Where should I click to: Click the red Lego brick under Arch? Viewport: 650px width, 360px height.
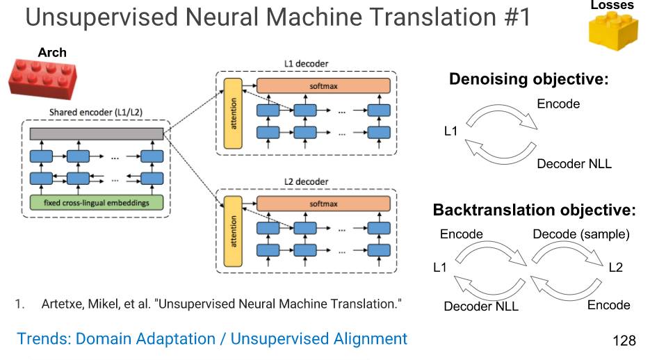(x=42, y=79)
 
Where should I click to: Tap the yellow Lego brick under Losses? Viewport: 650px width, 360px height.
(x=613, y=31)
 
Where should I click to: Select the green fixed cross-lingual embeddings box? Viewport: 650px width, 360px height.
(x=97, y=202)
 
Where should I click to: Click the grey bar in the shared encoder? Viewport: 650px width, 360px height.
(x=97, y=134)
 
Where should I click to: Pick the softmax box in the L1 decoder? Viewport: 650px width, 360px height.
(x=323, y=85)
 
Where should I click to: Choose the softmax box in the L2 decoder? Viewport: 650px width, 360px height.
(x=323, y=204)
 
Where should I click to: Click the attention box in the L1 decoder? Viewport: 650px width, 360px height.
(x=233, y=113)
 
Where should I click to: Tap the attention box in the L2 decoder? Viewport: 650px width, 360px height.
(x=233, y=231)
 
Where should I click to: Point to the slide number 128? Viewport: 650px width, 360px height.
(x=624, y=341)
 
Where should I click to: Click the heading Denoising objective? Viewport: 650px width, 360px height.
(x=529, y=79)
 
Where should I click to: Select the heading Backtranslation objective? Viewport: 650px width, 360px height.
(x=535, y=210)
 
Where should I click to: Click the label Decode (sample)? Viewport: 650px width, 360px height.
(x=581, y=234)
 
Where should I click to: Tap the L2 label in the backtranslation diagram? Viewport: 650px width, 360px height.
(x=616, y=267)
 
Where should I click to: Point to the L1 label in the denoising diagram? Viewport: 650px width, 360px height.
(x=450, y=131)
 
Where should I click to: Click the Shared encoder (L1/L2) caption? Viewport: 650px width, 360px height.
(x=96, y=113)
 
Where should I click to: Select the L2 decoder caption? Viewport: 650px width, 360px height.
(x=307, y=181)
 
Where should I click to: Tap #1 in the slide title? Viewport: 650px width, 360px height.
(x=518, y=17)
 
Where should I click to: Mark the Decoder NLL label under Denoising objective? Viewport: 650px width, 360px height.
(x=574, y=163)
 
